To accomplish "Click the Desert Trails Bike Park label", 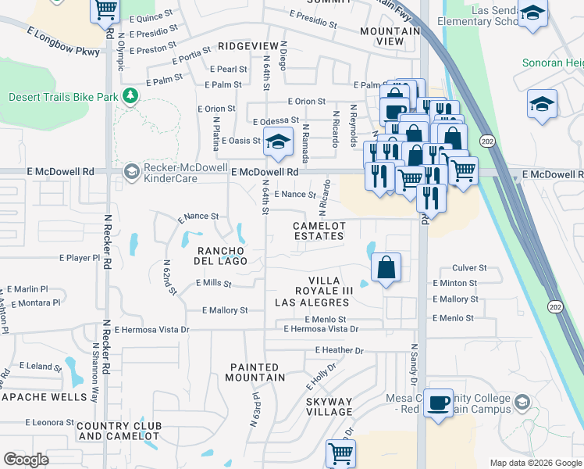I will [62, 97].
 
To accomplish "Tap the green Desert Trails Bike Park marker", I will [130, 96].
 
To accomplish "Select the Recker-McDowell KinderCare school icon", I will [132, 171].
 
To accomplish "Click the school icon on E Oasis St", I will [277, 142].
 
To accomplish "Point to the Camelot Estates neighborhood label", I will [319, 231].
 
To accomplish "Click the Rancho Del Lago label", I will [223, 256].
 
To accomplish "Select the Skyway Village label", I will [329, 406].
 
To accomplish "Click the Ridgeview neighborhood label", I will [248, 47].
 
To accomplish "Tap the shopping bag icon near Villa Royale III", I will [386, 268].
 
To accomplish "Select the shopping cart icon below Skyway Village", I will [340, 453].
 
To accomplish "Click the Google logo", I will [27, 459].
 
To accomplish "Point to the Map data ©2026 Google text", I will [535, 463].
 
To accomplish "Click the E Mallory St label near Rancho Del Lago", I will [224, 310].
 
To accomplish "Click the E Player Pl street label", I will [80, 257].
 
